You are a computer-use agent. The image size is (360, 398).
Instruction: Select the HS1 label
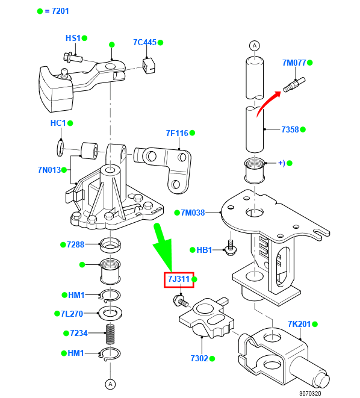(x=73, y=38)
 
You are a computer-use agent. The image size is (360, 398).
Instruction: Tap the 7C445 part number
(x=144, y=43)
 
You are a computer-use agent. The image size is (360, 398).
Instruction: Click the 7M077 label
(x=294, y=63)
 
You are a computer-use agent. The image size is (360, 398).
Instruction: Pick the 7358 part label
(x=290, y=129)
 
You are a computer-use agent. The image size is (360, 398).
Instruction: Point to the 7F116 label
(x=177, y=133)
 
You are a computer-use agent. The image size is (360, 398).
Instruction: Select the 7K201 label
(x=299, y=325)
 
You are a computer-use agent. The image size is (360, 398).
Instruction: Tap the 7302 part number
(x=199, y=358)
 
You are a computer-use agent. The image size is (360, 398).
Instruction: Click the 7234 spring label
(x=79, y=333)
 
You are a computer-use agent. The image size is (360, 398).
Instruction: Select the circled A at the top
(x=254, y=45)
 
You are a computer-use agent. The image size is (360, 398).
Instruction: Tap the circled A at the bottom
(x=110, y=383)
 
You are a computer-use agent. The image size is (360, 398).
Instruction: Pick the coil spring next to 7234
(x=110, y=333)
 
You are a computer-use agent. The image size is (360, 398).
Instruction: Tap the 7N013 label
(x=49, y=170)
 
